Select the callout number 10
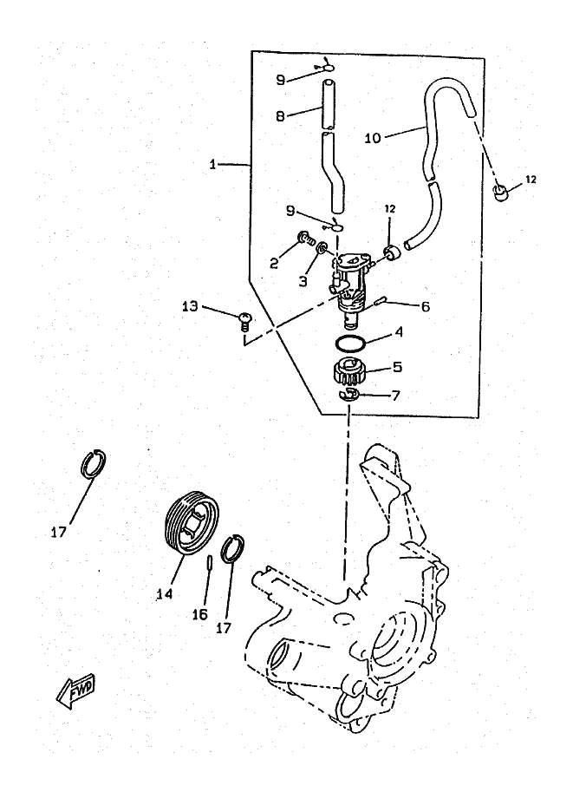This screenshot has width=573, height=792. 374,136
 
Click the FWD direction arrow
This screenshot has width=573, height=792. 75,691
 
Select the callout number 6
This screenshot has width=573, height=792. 401,306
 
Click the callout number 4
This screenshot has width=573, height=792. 398,331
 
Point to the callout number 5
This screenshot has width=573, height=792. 398,366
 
